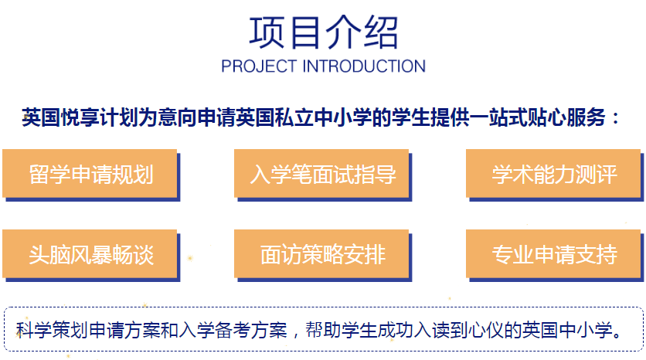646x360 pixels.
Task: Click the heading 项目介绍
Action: click(324, 32)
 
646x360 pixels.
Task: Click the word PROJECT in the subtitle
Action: click(259, 66)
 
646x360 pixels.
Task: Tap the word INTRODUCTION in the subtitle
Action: click(364, 66)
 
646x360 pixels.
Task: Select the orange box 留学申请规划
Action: click(90, 173)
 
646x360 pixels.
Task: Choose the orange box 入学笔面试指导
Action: click(321, 173)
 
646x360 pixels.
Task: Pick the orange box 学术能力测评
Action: click(553, 173)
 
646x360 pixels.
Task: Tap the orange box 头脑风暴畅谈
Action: click(90, 253)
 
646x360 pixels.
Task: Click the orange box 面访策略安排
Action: click(321, 253)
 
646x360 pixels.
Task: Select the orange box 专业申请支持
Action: click(553, 253)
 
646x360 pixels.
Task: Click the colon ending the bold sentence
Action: click(616, 118)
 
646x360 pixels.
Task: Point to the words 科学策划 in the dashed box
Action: click(52, 330)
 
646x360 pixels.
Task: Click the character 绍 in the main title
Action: click(380, 32)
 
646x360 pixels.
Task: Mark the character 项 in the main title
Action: click(267, 32)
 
